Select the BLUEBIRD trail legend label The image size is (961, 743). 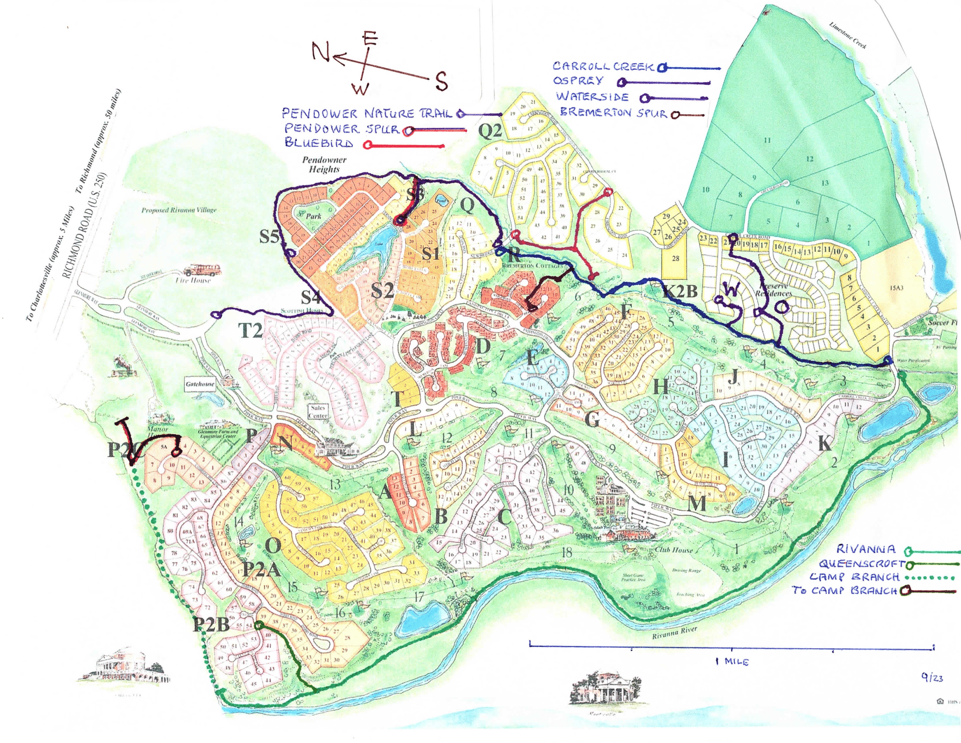(x=318, y=143)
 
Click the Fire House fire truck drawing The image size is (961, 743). (x=194, y=269)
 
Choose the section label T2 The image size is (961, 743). (x=250, y=331)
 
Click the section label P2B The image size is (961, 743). (x=211, y=625)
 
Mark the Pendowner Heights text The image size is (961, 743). (x=324, y=165)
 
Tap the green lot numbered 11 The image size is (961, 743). (x=767, y=140)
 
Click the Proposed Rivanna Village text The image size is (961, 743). (x=179, y=210)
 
